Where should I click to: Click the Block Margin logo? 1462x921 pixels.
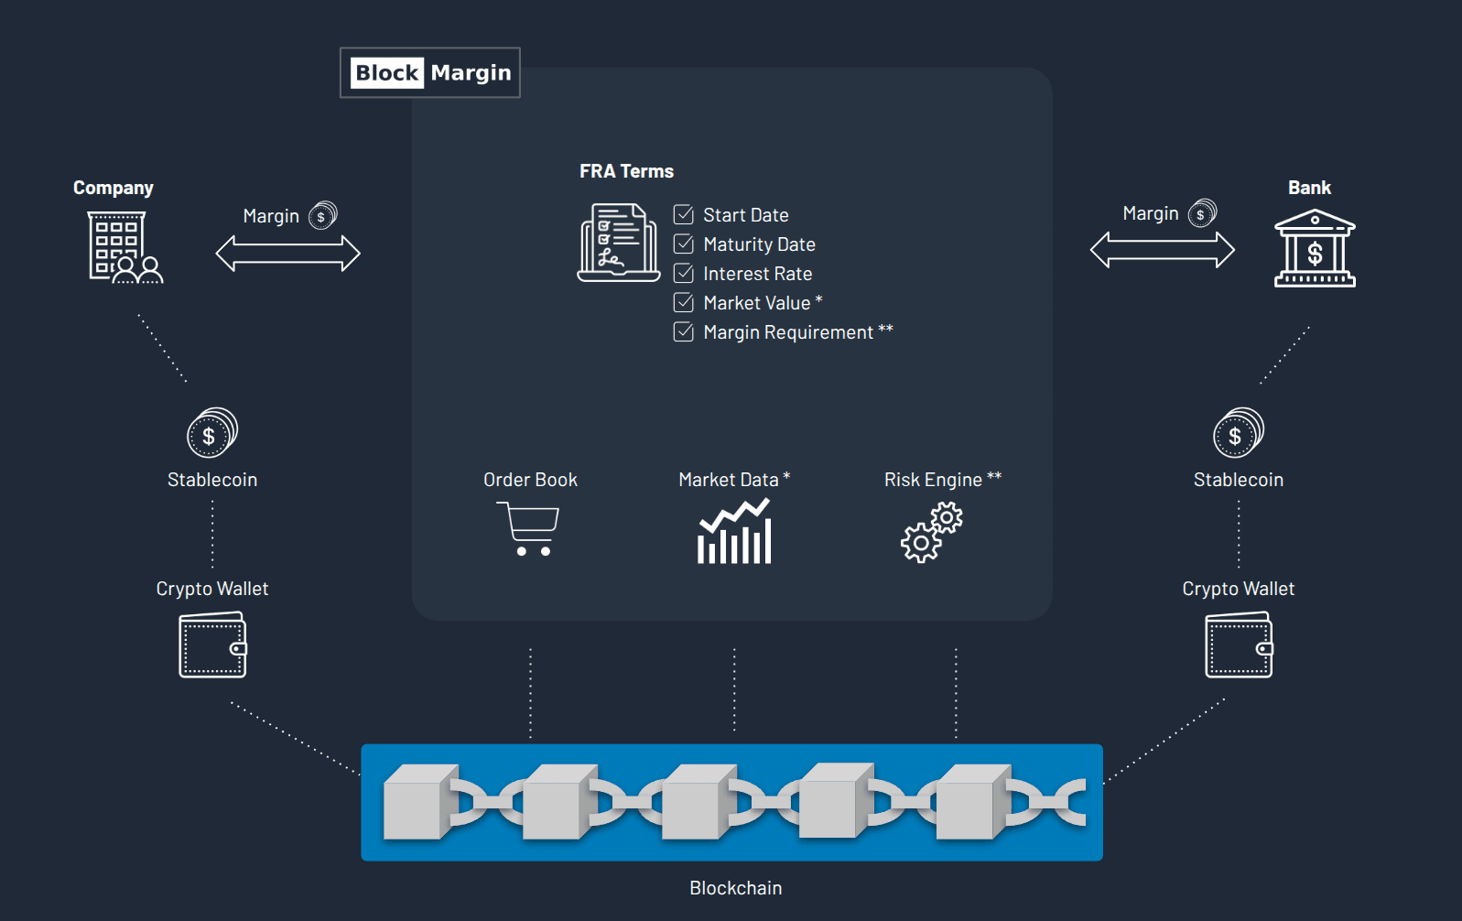coord(430,72)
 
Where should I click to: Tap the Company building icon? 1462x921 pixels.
coord(125,247)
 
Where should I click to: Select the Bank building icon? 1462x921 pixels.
coord(1315,249)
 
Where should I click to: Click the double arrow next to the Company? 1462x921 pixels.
coord(287,254)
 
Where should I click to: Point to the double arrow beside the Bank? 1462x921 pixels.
coord(1163,250)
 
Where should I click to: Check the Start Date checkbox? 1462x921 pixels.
coord(684,215)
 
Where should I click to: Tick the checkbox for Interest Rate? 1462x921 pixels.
coord(684,274)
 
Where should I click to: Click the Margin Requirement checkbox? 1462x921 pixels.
coord(684,332)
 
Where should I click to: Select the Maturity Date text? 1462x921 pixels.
coord(759,244)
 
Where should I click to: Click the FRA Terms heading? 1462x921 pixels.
coord(626,171)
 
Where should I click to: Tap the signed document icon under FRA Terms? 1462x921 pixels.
coord(619,243)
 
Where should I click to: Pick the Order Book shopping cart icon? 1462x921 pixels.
coord(528,528)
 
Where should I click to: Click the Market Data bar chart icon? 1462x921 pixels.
coord(734,532)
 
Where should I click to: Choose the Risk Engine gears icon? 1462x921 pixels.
coord(932,534)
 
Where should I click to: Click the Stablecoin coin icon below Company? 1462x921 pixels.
coord(212,433)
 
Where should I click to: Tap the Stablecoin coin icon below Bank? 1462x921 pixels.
coord(1239,433)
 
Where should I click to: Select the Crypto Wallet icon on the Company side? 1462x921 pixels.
coord(213,645)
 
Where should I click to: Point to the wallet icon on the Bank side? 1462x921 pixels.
coord(1239,645)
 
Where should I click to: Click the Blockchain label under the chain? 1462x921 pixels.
coord(735,888)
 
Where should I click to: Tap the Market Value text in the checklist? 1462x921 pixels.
coord(757,303)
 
